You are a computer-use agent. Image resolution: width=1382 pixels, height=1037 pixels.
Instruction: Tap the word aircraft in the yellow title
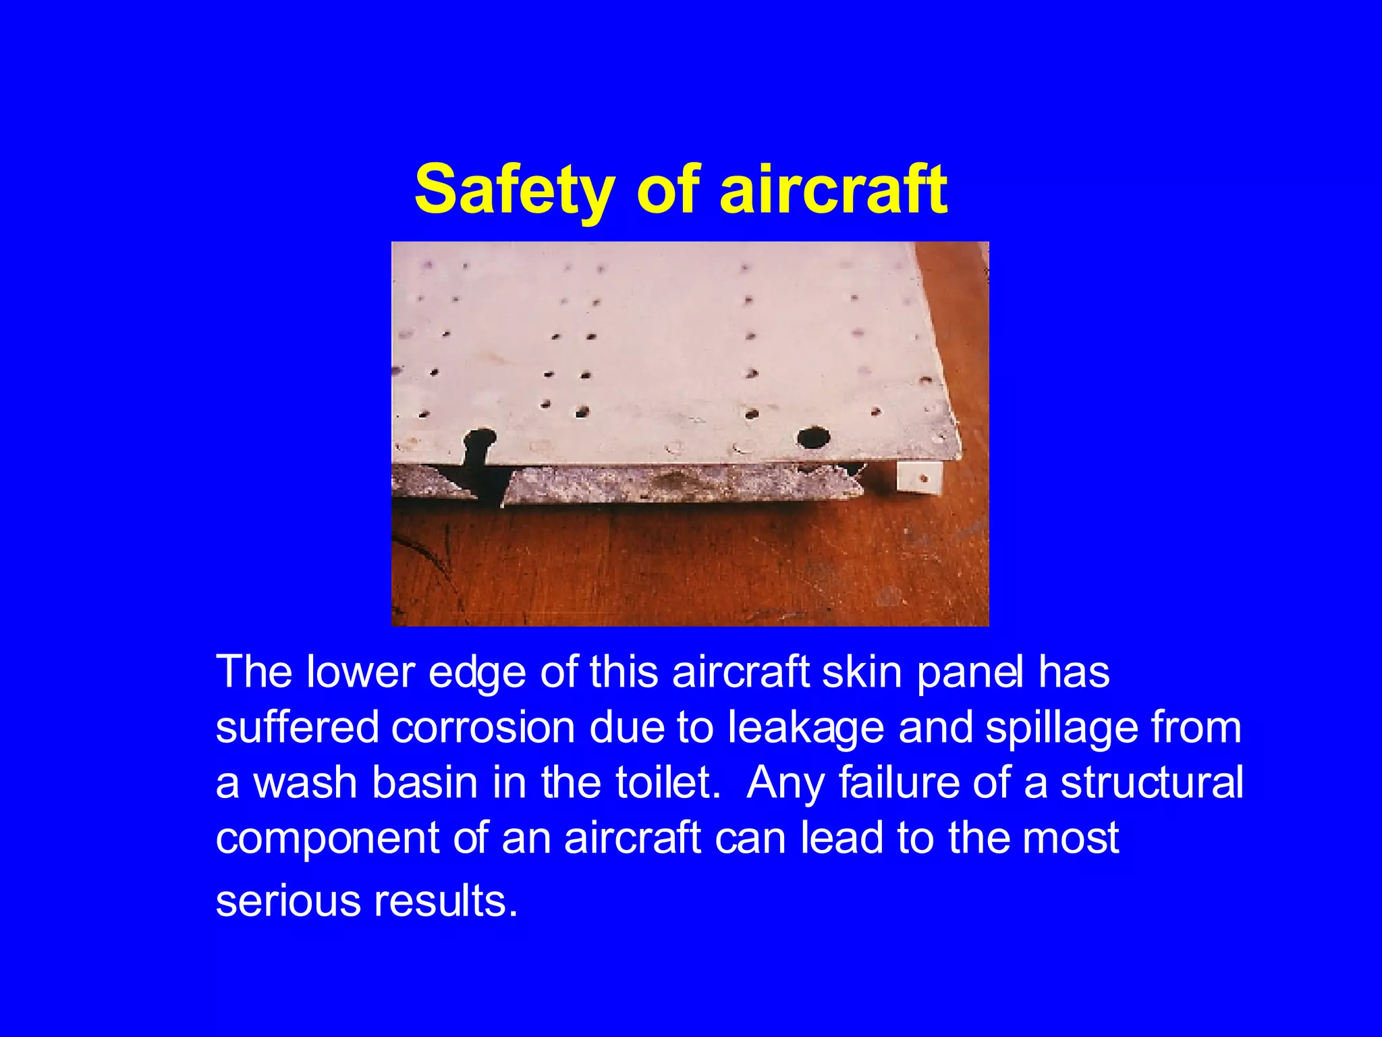(x=833, y=190)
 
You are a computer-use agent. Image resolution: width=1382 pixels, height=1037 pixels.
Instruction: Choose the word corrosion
(x=482, y=728)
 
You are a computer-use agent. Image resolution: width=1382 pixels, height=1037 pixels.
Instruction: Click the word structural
(x=1151, y=782)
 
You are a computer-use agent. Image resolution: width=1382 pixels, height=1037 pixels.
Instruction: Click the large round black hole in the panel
(x=813, y=437)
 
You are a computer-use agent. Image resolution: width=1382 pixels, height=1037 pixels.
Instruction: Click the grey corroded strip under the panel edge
(x=682, y=483)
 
